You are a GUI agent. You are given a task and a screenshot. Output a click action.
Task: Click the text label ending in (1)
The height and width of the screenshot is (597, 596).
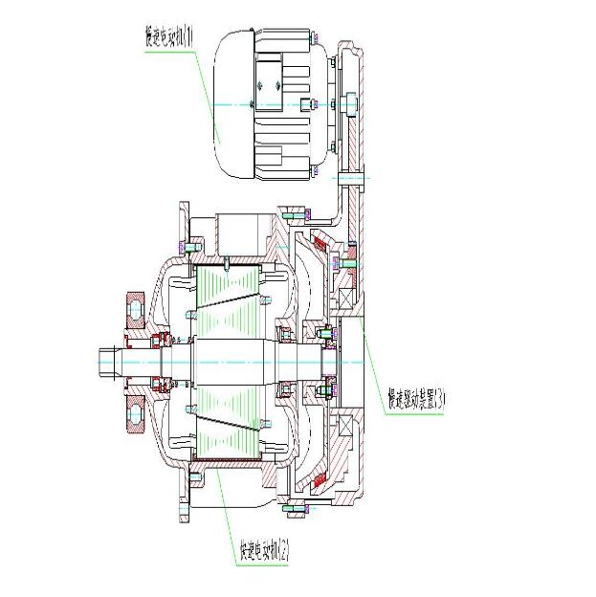click(x=168, y=37)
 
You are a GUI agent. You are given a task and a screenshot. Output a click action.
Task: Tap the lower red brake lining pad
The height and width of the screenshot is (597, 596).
click(x=330, y=475)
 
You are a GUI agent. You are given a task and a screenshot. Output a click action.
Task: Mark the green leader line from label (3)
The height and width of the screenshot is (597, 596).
click(x=373, y=359)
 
